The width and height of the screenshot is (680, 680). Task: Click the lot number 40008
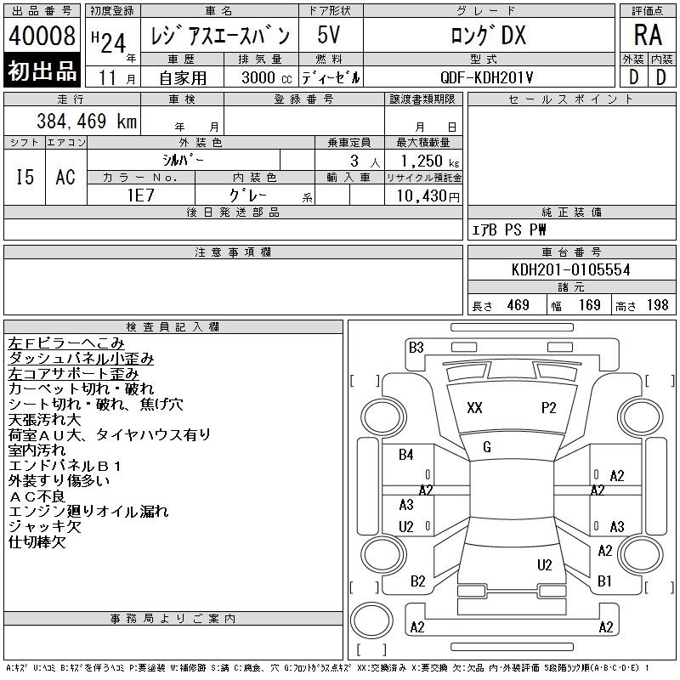(42, 36)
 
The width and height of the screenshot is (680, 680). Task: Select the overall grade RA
(648, 35)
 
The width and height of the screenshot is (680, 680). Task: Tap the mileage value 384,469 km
(87, 121)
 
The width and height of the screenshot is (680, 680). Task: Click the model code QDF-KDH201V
(486, 77)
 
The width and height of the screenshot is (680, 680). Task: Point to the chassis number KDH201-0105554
(570, 269)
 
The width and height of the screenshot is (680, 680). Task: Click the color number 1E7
(141, 195)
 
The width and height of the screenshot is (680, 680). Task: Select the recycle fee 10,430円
(428, 196)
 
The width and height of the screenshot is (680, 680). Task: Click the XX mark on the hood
(474, 408)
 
